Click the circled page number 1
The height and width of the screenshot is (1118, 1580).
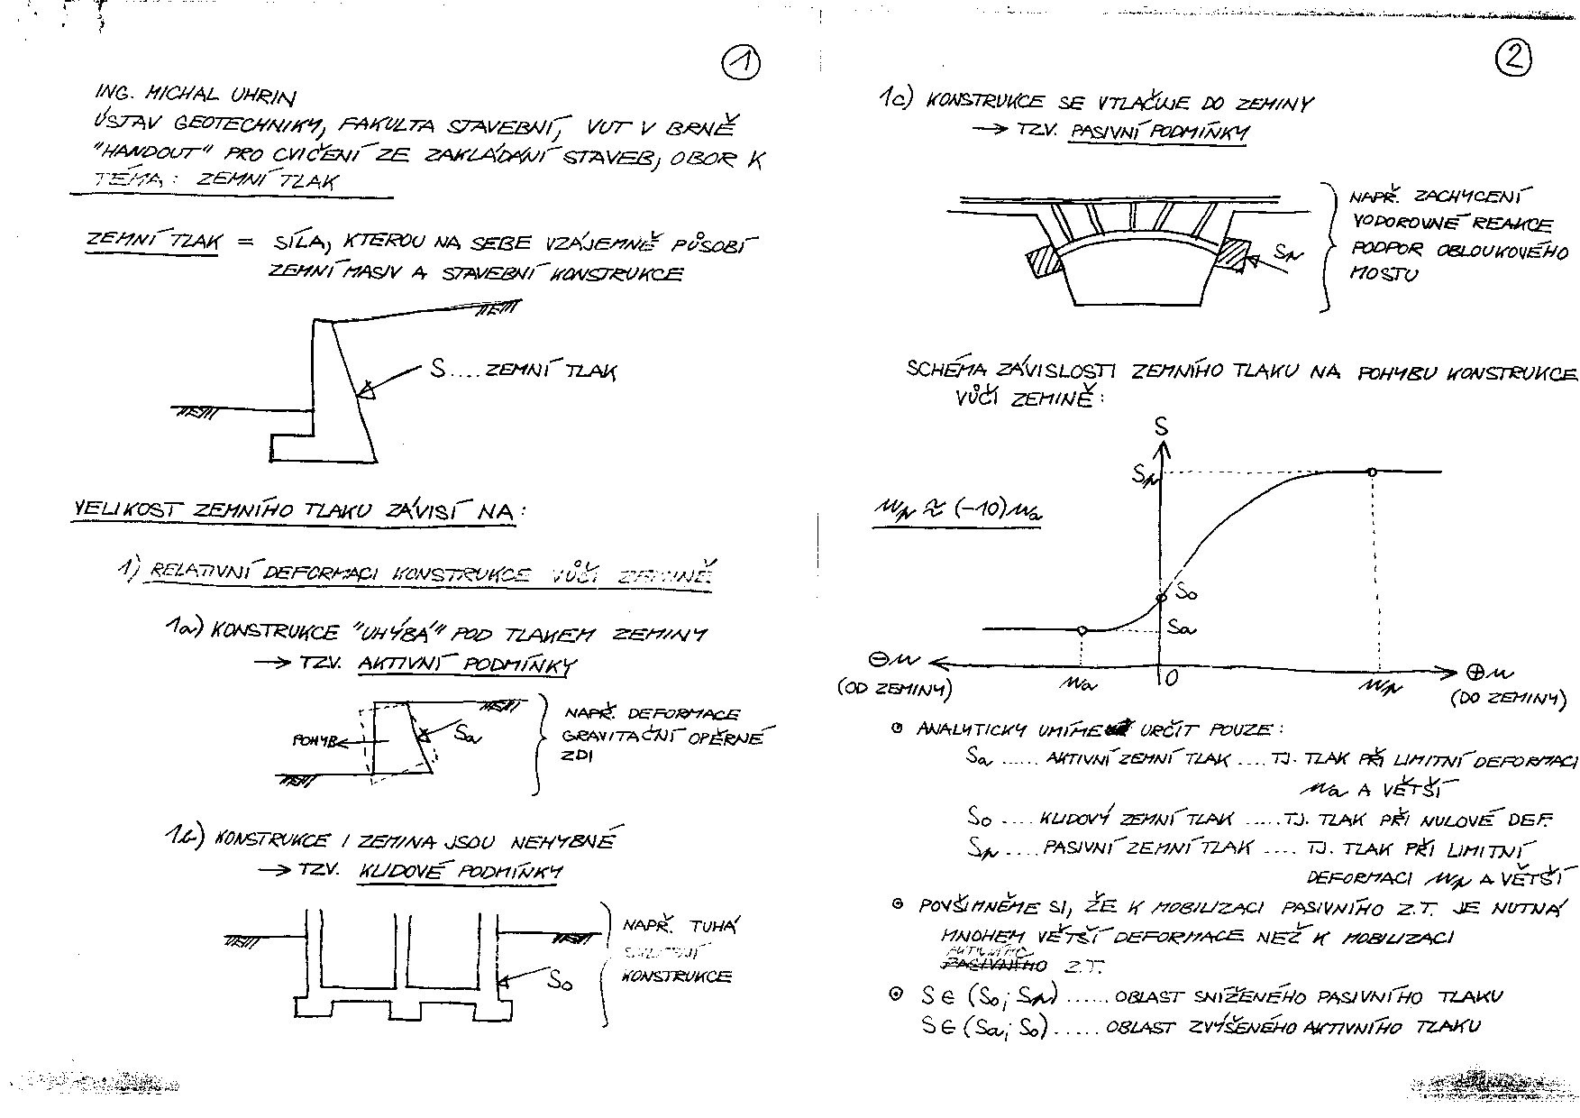(x=741, y=63)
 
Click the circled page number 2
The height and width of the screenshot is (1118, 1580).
(x=1513, y=59)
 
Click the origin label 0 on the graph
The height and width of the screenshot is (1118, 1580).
(x=1170, y=678)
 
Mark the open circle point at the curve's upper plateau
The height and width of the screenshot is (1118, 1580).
(x=1372, y=472)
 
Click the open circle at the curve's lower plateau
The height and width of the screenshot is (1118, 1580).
(x=1082, y=629)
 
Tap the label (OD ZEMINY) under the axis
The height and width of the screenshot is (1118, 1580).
(x=893, y=690)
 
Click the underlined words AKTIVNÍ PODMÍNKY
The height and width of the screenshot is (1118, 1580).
(x=467, y=665)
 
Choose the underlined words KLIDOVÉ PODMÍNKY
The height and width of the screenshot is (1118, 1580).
(x=461, y=872)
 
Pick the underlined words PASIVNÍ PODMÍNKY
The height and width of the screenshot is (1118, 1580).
(x=1159, y=133)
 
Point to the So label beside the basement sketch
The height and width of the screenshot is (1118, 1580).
(x=561, y=980)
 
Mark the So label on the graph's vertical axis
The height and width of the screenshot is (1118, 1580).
(x=1187, y=593)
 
